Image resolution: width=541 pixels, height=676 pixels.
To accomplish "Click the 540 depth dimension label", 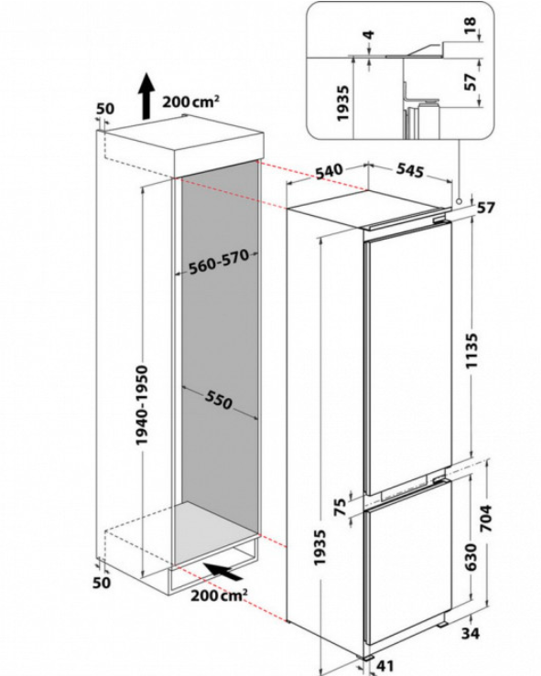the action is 330,171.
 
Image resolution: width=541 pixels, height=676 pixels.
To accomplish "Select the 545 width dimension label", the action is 410,170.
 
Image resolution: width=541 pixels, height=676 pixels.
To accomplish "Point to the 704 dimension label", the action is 485,518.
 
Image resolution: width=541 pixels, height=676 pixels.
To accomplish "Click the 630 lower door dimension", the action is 471,556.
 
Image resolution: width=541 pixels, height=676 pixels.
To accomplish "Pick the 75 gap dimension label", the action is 341,507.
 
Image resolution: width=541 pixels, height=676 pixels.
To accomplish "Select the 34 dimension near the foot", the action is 471,633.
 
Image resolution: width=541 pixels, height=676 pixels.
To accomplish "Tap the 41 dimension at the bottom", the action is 385,665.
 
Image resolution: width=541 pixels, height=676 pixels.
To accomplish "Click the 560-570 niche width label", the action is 219,262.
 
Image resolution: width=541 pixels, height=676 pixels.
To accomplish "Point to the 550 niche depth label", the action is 218,399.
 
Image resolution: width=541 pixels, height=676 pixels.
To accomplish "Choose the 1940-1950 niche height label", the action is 142,405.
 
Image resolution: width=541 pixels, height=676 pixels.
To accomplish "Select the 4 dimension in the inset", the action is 369,34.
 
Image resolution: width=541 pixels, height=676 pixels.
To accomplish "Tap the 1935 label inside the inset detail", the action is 342,103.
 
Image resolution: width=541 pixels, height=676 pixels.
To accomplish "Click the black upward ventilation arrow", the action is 146,96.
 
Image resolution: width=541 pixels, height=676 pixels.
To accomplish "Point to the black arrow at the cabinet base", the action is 223,571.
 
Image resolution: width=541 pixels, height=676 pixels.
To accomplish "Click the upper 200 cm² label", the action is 190,102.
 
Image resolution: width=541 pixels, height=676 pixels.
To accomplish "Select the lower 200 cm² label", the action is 219,595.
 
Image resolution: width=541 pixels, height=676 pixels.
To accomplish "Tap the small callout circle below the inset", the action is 459,201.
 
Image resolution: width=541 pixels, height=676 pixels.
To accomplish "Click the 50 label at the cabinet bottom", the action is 102,583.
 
